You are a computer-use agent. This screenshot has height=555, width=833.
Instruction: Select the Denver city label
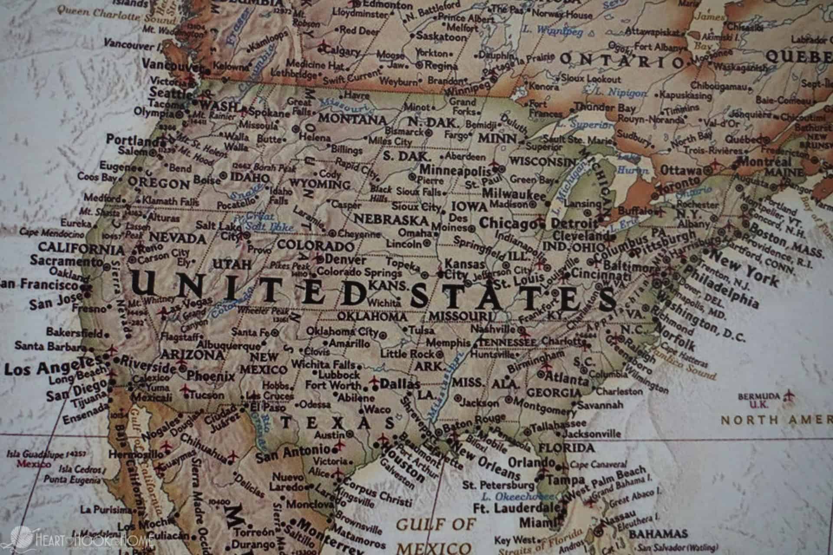coord(345,260)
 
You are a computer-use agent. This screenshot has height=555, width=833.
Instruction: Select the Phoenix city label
coord(211,376)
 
